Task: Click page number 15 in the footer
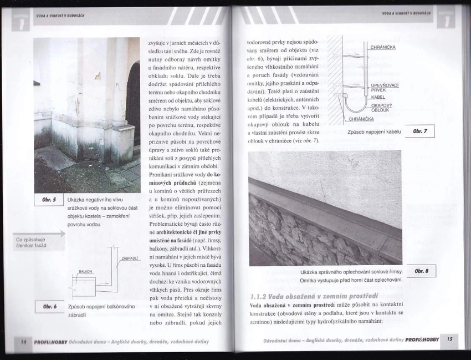449,339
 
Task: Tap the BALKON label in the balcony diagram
85,271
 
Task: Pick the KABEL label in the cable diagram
378,97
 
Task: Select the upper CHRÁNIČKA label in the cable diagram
382,47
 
